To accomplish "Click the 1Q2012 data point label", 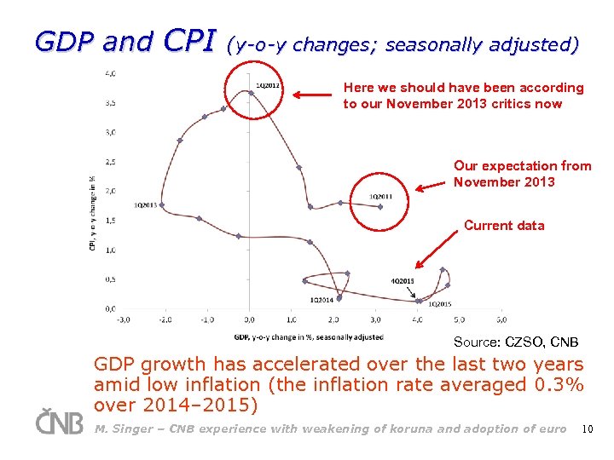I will pos(269,85).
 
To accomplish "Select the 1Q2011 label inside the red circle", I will pos(380,197).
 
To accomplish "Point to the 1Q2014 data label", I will pos(321,300).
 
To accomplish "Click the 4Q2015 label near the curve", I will pos(403,281).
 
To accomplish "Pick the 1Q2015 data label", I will pos(440,304).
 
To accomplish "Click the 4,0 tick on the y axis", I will pos(111,73).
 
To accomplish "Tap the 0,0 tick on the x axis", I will pos(249,320).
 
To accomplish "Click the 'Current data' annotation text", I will pos(504,226).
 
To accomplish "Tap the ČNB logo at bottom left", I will pos(59,422).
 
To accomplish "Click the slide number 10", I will pos(587,428).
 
